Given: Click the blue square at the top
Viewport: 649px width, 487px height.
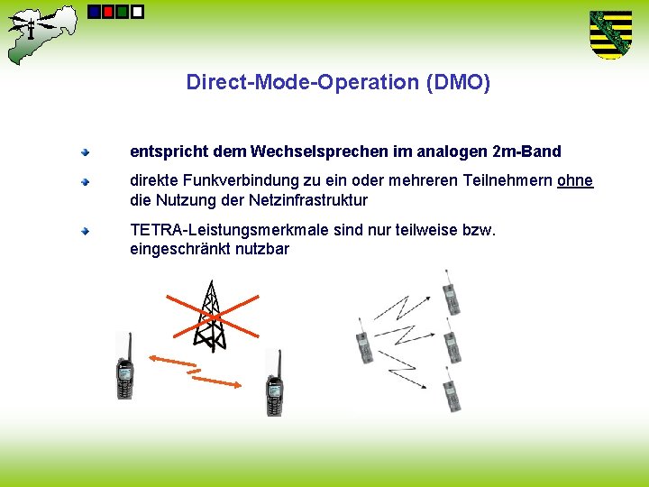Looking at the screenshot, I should (x=95, y=12).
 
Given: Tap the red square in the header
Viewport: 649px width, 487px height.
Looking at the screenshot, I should (x=108, y=12).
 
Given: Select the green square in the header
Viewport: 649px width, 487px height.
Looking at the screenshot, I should (x=123, y=12).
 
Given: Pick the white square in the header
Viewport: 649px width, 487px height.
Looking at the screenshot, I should (x=137, y=12).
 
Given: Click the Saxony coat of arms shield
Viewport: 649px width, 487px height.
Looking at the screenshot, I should (x=610, y=34).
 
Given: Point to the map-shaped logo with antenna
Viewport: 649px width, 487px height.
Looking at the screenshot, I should (x=41, y=32).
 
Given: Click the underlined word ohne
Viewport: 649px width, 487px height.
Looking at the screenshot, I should (x=575, y=180).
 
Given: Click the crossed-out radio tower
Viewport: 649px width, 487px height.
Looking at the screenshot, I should (x=211, y=317).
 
